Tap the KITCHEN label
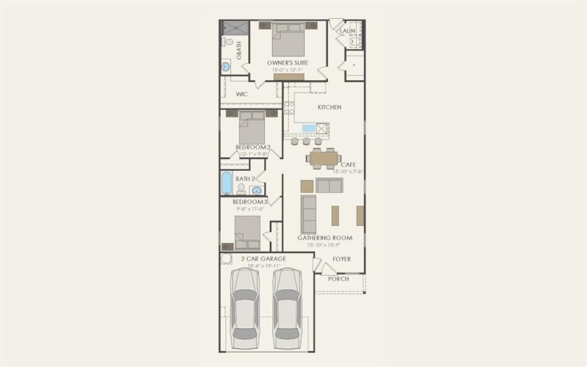329,107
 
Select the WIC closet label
241,94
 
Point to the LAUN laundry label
348,32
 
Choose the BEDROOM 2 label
253,148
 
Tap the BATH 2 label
245,178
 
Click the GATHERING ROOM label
324,238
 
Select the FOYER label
341,259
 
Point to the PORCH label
338,279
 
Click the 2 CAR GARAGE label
263,259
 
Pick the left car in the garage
244,308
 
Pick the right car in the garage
286,308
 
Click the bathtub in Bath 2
227,182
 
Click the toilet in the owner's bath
229,43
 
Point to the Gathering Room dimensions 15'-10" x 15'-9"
324,245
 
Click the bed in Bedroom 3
248,231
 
